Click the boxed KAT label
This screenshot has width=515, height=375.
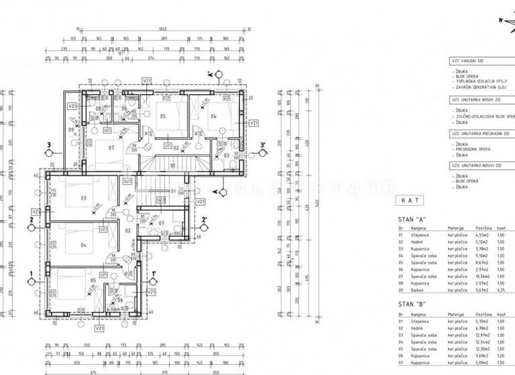pyautogui.click(x=410, y=200)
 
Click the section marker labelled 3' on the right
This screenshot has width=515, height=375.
pyautogui.click(x=263, y=144)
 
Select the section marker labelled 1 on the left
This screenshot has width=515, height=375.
pyautogui.click(x=32, y=273)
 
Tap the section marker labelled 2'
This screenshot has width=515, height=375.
pyautogui.click(x=204, y=218)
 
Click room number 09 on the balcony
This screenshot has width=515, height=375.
pyautogui.click(x=71, y=129)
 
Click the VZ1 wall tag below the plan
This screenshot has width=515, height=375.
pyautogui.click(x=99, y=329)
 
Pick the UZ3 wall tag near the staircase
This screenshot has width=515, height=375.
pyautogui.click(x=160, y=199)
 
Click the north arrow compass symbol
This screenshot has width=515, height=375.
pyautogui.click(x=505, y=20)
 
